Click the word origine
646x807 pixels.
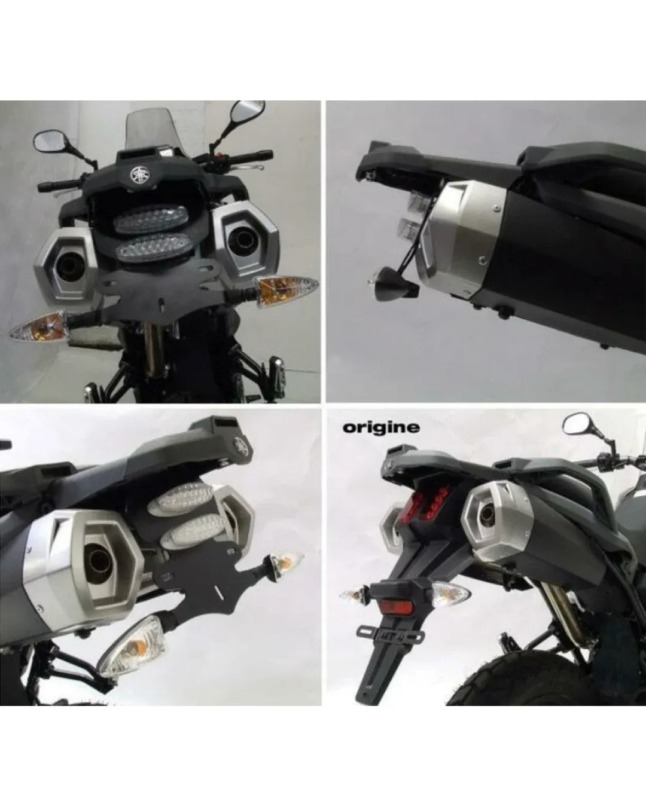click(381, 428)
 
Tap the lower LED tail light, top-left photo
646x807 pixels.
click(153, 247)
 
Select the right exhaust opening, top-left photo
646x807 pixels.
click(241, 239)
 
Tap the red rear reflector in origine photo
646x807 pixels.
click(396, 606)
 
